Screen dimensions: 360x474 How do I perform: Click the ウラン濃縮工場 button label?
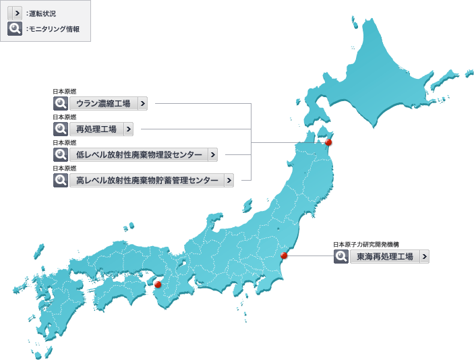(103, 104)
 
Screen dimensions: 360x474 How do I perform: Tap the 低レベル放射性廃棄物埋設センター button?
(139, 155)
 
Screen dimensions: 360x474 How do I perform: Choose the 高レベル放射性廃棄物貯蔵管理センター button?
(147, 181)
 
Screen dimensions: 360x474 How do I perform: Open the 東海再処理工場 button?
(384, 257)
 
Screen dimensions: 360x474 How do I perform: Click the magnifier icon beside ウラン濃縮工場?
(61, 104)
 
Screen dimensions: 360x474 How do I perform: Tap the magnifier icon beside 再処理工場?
(61, 129)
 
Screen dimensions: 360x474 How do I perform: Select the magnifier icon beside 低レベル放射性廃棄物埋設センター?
(61, 155)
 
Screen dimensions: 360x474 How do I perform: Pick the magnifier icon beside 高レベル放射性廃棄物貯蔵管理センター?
(61, 181)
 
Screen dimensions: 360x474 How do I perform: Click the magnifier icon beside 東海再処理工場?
(341, 257)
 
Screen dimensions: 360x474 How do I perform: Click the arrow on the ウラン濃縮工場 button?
(142, 104)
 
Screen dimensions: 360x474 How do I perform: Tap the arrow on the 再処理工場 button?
(128, 129)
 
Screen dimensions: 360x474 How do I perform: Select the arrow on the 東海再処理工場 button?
(423, 257)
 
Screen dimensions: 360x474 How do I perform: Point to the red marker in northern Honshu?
(328, 142)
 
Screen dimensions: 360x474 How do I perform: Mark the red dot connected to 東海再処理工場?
(284, 256)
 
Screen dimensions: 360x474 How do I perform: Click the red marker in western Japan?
(158, 284)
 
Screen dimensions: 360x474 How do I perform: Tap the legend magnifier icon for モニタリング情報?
(15, 29)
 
